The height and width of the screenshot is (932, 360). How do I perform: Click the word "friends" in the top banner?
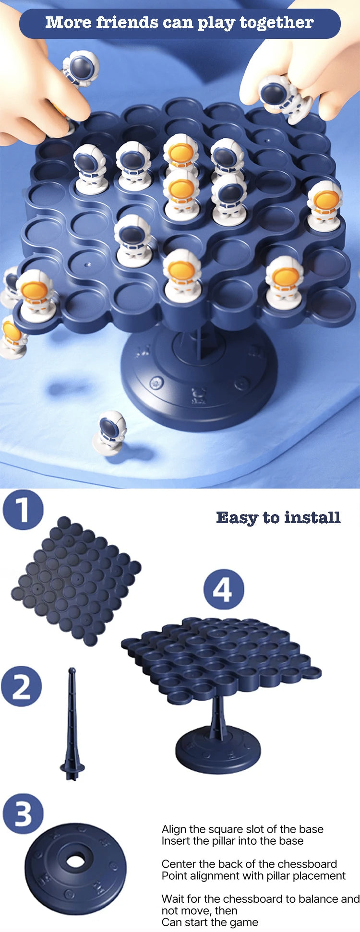point(127,22)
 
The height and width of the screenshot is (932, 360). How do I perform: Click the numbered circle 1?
point(23,509)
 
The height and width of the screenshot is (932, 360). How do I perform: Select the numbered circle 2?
point(22,686)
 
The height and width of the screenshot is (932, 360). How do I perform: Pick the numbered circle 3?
point(23,814)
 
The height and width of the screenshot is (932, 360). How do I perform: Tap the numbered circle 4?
point(224,589)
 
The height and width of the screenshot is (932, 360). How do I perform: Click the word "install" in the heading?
point(312,517)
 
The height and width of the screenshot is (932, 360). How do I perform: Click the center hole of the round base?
point(76,861)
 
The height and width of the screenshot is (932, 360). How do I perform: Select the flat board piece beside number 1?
point(76,581)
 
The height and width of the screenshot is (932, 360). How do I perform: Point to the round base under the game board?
point(199,374)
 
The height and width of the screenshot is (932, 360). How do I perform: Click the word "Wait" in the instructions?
point(172,899)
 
